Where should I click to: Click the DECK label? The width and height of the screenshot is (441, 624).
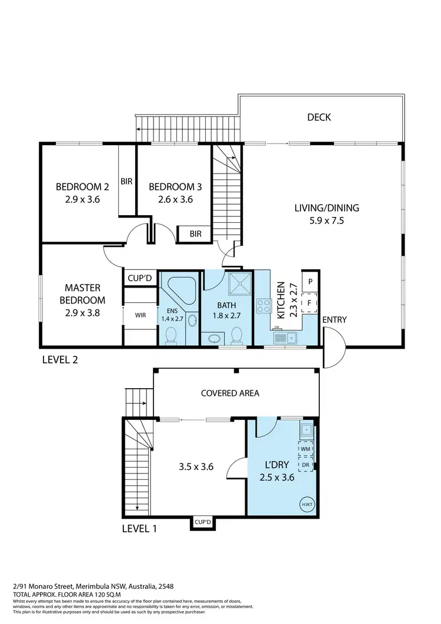tap(319, 117)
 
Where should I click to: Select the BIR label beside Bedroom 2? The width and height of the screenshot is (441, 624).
tap(126, 182)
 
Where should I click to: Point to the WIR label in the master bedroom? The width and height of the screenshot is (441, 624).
tap(141, 315)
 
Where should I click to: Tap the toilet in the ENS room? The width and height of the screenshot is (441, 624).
tap(171, 335)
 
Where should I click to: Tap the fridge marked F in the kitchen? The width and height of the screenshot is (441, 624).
tap(310, 302)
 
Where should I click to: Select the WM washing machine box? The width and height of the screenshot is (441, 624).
tap(305, 449)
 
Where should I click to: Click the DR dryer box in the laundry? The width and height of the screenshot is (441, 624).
tap(305, 464)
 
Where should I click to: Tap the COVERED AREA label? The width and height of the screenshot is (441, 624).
tap(230, 393)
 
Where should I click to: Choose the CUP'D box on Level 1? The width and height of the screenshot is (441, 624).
tap(203, 522)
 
